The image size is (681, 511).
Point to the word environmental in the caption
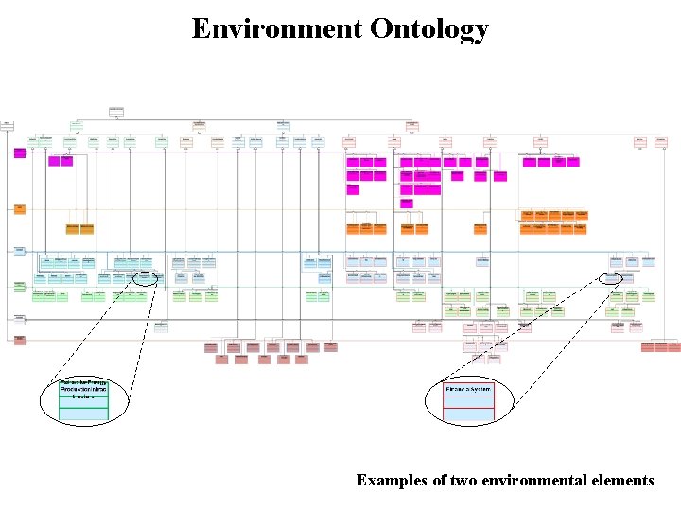click(x=526, y=480)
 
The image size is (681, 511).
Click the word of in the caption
click(x=439, y=480)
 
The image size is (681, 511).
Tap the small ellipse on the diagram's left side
click(x=146, y=278)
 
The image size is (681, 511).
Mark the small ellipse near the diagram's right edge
click(x=612, y=278)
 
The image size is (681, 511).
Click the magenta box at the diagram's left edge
click(x=19, y=151)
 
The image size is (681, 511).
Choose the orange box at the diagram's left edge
click(x=19, y=208)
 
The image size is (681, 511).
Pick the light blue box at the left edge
click(x=19, y=251)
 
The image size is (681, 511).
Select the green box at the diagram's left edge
click(x=19, y=284)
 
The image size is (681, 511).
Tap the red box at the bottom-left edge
click(x=19, y=339)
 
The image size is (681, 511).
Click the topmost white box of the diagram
click(x=116, y=112)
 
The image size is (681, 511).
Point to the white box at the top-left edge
click(x=8, y=123)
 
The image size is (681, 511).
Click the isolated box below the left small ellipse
click(x=161, y=326)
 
